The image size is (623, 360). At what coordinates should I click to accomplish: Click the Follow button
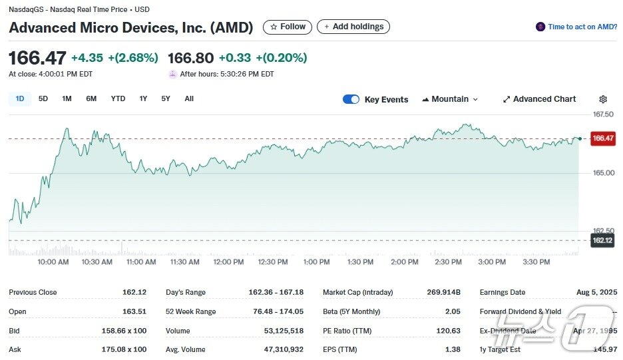click(288, 27)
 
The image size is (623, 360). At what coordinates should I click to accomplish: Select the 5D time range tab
click(43, 99)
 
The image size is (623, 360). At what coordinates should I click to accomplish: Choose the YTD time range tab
click(118, 99)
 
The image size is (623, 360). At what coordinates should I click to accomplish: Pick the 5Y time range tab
click(166, 99)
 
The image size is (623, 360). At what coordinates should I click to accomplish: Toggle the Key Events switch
click(351, 100)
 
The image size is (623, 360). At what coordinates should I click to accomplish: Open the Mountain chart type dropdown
click(450, 99)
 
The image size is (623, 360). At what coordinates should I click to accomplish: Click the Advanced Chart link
click(539, 99)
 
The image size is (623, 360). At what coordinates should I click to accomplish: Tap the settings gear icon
click(603, 100)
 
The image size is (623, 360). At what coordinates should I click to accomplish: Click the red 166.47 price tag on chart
click(602, 138)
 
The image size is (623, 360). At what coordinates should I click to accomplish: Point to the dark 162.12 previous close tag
click(602, 240)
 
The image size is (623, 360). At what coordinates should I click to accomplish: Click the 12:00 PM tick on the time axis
click(228, 262)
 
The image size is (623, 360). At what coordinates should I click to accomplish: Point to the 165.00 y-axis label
click(603, 173)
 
